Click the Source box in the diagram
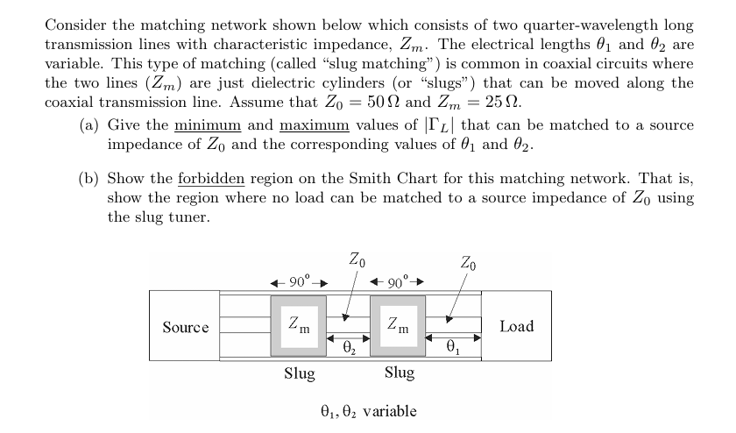click(186, 327)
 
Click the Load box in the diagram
click(516, 326)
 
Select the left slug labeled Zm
click(299, 326)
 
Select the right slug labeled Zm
click(398, 326)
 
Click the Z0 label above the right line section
click(469, 261)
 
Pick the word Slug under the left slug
click(300, 374)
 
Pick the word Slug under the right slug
click(399, 374)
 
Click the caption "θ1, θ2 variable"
click(367, 411)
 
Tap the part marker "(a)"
click(88, 125)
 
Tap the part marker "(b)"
click(88, 180)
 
